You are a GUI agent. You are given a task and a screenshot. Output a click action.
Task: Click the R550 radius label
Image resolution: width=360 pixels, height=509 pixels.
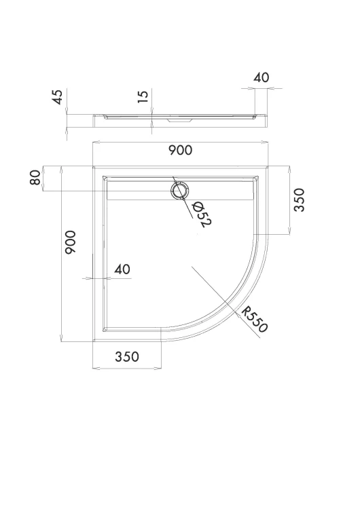click(x=255, y=320)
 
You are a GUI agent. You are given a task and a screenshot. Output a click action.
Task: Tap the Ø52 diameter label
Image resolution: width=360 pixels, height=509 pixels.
click(x=202, y=214)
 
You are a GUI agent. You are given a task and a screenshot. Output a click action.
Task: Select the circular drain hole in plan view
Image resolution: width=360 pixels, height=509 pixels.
click(x=179, y=190)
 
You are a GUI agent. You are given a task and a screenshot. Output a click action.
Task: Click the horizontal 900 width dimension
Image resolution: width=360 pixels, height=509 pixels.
click(x=180, y=150)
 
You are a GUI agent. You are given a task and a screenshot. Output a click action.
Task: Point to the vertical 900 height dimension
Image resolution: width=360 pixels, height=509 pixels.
click(x=70, y=242)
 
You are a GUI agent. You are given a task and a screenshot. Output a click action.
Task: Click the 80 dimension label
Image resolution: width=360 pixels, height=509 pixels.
click(x=35, y=177)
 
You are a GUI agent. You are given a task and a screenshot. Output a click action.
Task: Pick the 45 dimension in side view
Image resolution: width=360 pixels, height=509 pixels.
click(x=57, y=97)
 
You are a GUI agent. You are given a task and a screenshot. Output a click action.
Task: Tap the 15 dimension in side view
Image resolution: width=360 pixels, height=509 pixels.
click(x=143, y=96)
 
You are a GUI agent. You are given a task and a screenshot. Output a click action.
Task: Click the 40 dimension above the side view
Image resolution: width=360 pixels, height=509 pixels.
click(x=262, y=77)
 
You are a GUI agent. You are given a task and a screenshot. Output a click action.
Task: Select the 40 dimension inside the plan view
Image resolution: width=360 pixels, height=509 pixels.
click(x=122, y=269)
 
